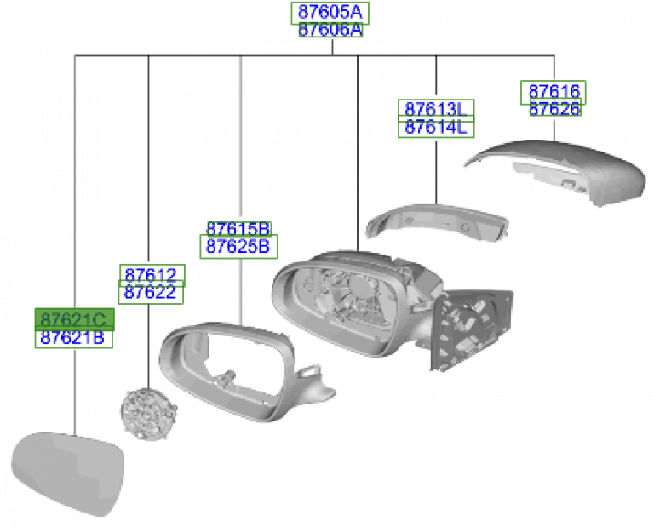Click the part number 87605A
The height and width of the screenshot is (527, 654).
[330, 13]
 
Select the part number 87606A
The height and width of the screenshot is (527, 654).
[330, 30]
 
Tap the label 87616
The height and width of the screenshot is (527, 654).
[554, 92]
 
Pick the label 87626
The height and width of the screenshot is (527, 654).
[555, 109]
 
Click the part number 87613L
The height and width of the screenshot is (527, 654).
[436, 110]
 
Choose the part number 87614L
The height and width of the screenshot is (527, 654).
[436, 127]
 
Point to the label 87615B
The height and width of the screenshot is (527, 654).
[239, 229]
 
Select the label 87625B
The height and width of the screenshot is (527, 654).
[238, 247]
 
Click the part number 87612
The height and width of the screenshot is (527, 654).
[152, 275]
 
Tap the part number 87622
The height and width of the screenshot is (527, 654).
[151, 292]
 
